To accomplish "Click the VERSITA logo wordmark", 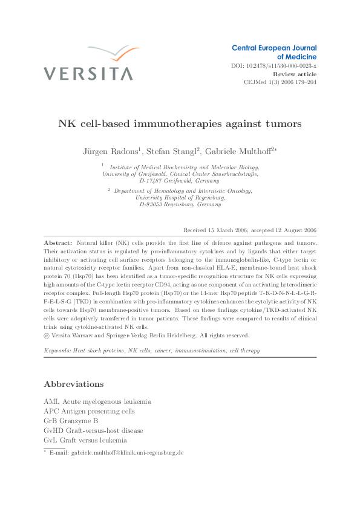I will (x=88, y=74).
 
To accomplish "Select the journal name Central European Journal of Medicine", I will (x=274, y=52).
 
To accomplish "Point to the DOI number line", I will (x=274, y=65).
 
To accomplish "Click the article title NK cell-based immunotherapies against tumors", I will (x=180, y=124).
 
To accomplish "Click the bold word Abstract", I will (x=59, y=242).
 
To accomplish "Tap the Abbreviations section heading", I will (x=74, y=384).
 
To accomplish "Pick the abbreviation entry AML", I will (x=52, y=401).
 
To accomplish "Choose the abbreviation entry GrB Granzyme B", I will (x=71, y=421).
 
